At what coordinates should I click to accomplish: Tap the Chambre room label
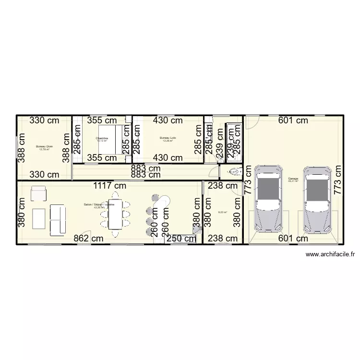pos(102,138)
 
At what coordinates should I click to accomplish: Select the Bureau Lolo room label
pos(168,138)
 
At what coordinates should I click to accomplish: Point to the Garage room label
pos(293,179)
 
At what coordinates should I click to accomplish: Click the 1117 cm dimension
pos(110,185)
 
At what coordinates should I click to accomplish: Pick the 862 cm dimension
pos(88,238)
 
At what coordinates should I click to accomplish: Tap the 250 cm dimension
pos(180,238)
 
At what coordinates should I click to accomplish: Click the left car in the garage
pos(267,199)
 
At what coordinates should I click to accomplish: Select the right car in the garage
pos(316,199)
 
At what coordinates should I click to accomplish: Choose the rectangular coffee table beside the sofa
pos(38,219)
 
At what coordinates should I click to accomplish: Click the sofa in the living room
pos(58,219)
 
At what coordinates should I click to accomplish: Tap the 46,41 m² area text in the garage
pos(293,181)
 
